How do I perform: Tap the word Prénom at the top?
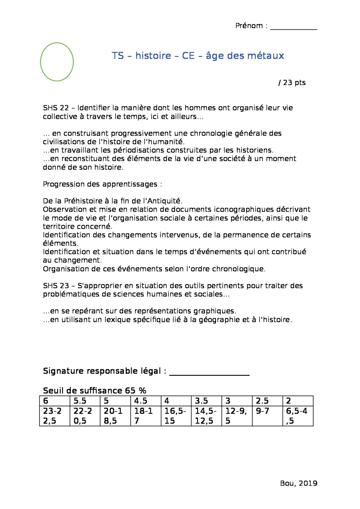click(x=249, y=26)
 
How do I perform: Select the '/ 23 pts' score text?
click(x=292, y=83)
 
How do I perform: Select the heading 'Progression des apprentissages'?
click(x=102, y=184)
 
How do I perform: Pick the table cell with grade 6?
click(x=54, y=401)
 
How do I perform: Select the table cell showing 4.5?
click(x=145, y=401)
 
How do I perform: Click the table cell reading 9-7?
click(x=267, y=416)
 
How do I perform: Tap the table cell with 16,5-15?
click(x=176, y=416)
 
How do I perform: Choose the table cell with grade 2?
click(x=298, y=401)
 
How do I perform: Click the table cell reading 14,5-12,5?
click(x=206, y=416)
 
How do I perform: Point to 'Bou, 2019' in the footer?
click(x=298, y=483)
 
